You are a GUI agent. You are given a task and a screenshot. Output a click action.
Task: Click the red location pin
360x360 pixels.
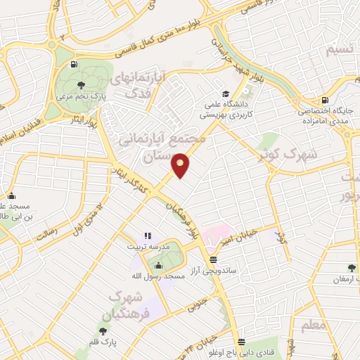181,165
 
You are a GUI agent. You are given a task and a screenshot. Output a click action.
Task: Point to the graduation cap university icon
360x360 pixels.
225,94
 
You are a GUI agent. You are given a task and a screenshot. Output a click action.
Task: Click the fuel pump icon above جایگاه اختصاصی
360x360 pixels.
324,100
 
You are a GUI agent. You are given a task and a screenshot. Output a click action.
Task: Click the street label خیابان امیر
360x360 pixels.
243,243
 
